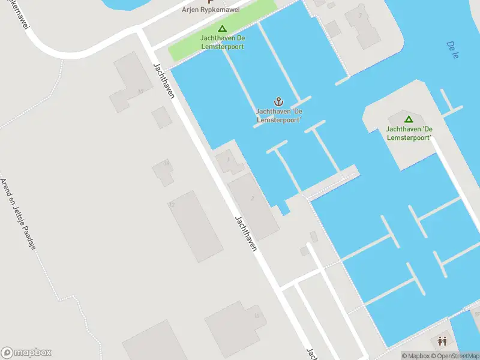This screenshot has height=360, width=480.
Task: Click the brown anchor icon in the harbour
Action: pos(278,101)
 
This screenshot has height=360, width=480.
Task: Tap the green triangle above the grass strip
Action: pos(222,28)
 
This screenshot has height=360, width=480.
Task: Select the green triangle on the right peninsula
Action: pos(409,119)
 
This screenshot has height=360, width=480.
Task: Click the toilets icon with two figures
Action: pos(442,341)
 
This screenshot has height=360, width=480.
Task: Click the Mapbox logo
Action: pos(26,353)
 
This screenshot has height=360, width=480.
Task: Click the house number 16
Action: pos(140,91)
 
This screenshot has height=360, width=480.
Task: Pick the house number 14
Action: pos(167,163)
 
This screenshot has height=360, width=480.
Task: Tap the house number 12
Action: pos(172,205)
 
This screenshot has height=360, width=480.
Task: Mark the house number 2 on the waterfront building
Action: pos(253,199)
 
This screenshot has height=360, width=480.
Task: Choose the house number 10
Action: pos(257,315)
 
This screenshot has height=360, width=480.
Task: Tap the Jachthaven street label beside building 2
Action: pos(246,233)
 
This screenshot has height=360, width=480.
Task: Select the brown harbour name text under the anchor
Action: pos(278,116)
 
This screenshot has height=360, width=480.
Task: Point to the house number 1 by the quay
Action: pos(228,160)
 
